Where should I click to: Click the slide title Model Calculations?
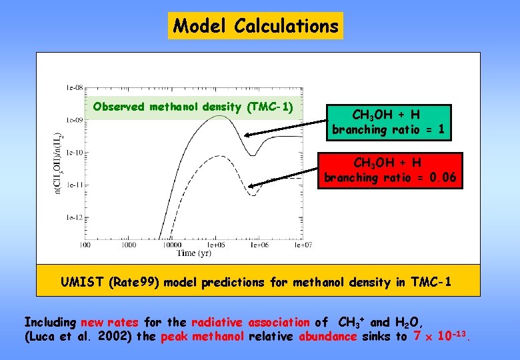[255, 26]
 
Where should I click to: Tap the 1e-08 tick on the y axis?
[74, 87]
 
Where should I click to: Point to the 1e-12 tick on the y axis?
[74, 217]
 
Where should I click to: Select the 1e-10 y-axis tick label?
[74, 153]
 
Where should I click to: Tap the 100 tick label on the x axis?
[85, 245]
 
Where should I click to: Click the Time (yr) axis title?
[195, 253]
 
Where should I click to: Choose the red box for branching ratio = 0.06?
[389, 171]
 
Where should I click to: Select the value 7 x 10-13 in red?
[442, 335]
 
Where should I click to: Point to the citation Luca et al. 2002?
[78, 336]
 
